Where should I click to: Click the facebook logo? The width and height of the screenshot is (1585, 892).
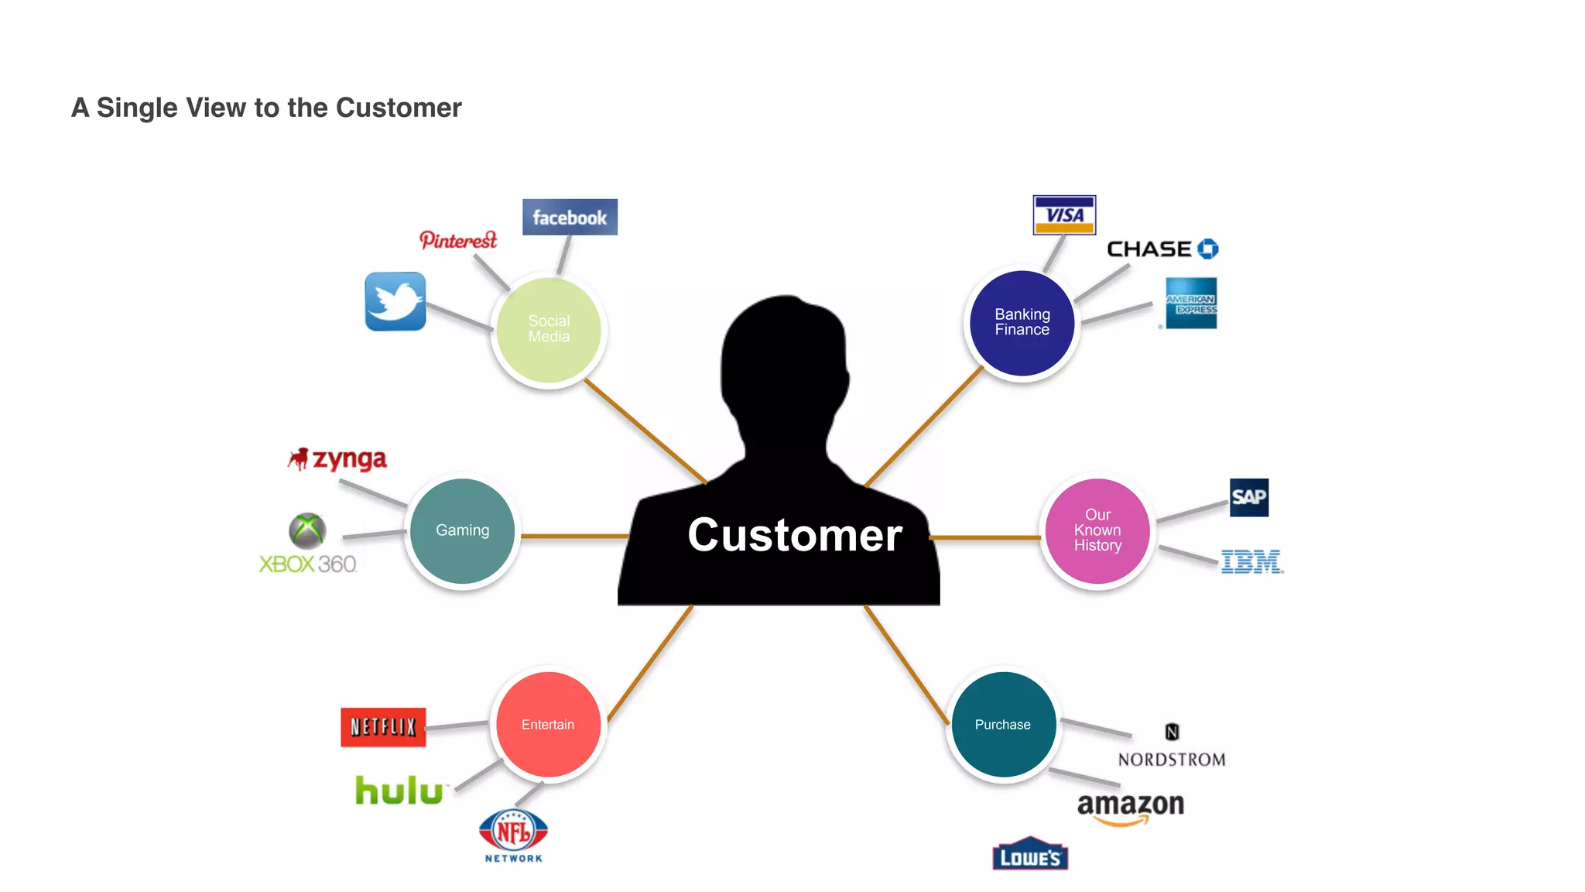click(570, 218)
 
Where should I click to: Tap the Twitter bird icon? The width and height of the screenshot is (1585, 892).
click(395, 301)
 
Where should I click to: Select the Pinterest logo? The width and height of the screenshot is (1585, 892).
click(458, 240)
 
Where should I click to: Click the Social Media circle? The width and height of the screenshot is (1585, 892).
click(549, 329)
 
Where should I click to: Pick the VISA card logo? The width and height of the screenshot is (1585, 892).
click(1064, 215)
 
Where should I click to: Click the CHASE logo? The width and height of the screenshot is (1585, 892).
click(1162, 249)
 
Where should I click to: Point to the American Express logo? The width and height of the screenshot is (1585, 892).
click(1191, 304)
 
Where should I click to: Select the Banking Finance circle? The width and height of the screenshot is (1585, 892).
click(1022, 323)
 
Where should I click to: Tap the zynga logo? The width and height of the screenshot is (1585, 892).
click(338, 460)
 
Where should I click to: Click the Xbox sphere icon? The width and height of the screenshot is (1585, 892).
click(307, 531)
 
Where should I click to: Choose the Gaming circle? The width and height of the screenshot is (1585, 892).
click(463, 530)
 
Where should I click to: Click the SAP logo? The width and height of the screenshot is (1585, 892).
click(1248, 497)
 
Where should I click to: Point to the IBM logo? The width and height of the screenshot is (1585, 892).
click(1251, 561)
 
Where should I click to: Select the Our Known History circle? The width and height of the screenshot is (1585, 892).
click(1097, 530)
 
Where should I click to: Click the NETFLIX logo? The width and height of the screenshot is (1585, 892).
click(383, 727)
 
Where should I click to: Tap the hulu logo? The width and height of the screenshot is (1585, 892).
click(399, 791)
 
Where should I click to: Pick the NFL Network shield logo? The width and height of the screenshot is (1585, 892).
click(513, 832)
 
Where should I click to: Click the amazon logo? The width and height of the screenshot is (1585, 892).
click(1131, 806)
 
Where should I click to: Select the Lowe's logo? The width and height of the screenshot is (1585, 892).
click(1029, 855)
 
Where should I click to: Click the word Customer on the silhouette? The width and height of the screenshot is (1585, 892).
click(795, 535)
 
